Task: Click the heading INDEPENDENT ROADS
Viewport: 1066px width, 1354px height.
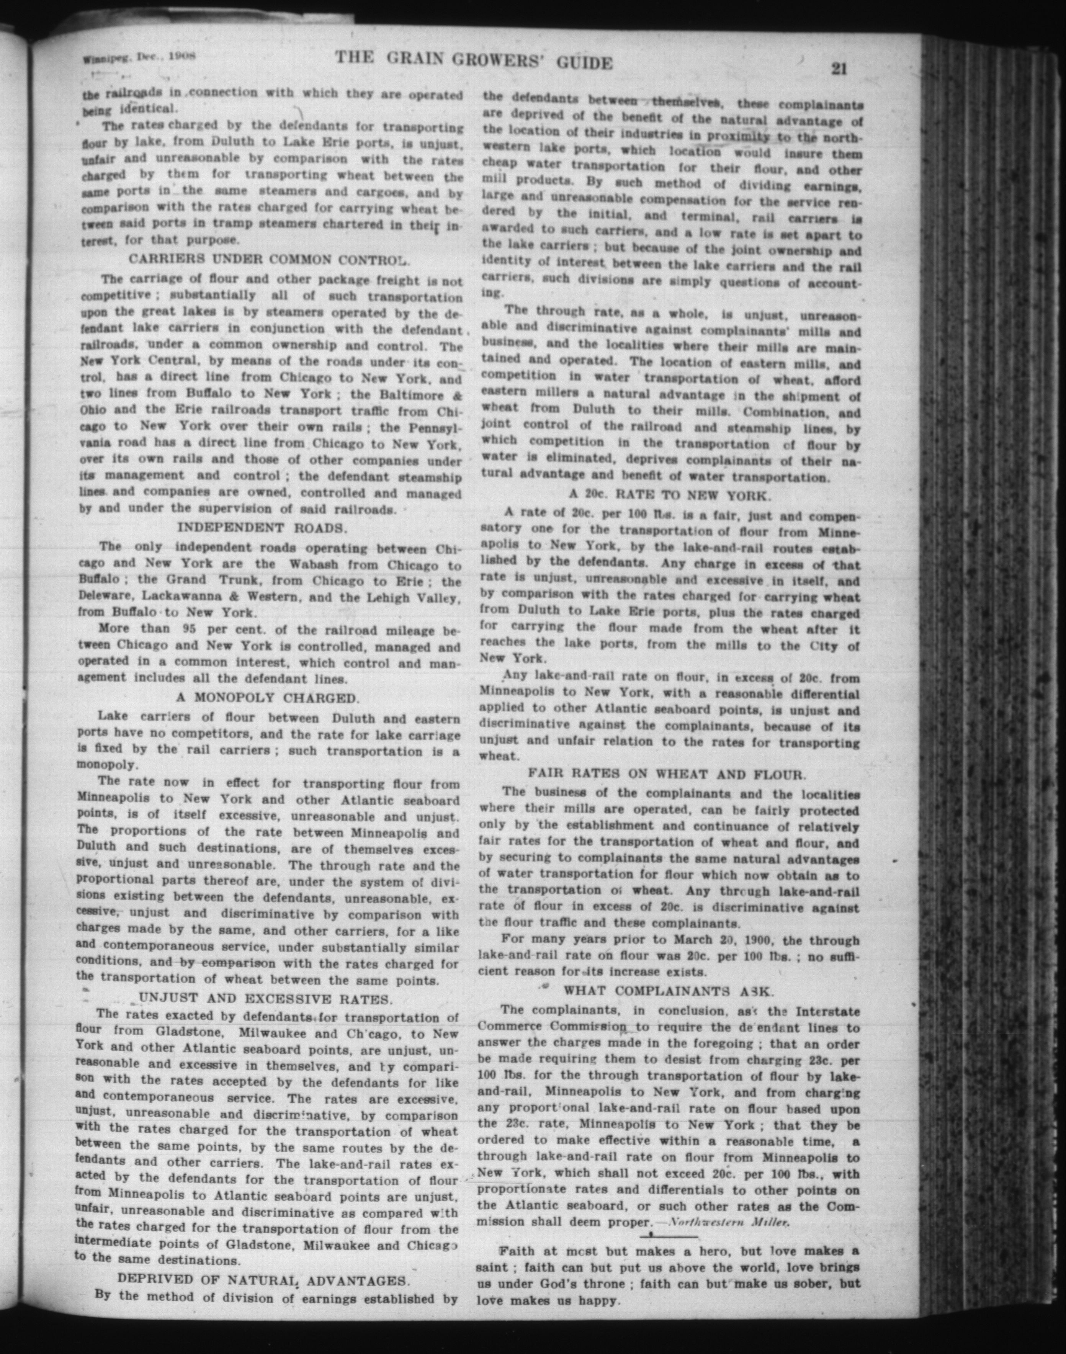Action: [x=262, y=528]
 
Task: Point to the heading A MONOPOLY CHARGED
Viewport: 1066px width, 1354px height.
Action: [x=267, y=698]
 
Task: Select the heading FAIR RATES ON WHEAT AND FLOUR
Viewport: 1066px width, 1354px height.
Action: [x=667, y=775]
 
